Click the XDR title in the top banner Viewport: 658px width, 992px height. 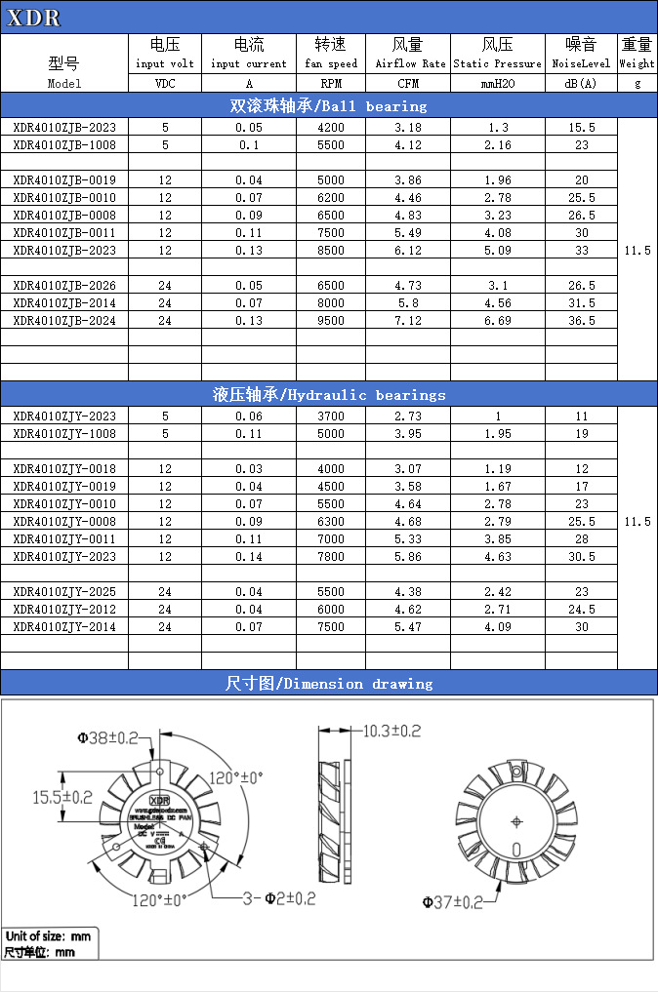pyautogui.click(x=35, y=18)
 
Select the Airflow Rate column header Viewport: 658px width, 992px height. pyautogui.click(x=408, y=55)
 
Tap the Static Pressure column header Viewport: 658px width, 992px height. pyautogui.click(x=497, y=55)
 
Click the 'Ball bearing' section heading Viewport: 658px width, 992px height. pyautogui.click(x=328, y=105)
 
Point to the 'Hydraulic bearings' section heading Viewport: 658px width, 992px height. pyautogui.click(x=328, y=394)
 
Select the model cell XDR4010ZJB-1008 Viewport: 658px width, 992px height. pyautogui.click(x=64, y=144)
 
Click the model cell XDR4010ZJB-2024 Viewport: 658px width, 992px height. pyautogui.click(x=64, y=320)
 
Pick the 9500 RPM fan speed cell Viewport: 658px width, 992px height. pyautogui.click(x=331, y=320)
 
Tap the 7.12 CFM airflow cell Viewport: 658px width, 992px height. pyautogui.click(x=408, y=320)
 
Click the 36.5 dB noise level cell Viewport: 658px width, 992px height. pyautogui.click(x=582, y=320)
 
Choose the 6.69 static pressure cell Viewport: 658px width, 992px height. pyautogui.click(x=497, y=320)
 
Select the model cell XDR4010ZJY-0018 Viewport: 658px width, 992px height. pyautogui.click(x=64, y=468)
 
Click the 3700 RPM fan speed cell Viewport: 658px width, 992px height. pyautogui.click(x=331, y=416)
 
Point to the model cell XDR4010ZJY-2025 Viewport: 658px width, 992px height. pyautogui.click(x=64, y=591)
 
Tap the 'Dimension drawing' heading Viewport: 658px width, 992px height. pyautogui.click(x=328, y=683)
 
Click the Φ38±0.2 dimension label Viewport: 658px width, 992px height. pyautogui.click(x=107, y=738)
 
